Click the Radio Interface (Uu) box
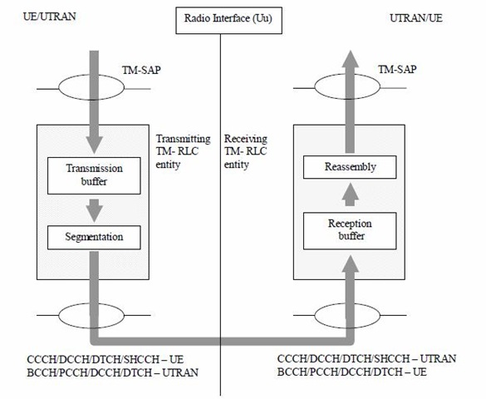pyautogui.click(x=228, y=21)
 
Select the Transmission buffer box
pyautogui.click(x=94, y=175)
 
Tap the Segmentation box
pyautogui.click(x=94, y=238)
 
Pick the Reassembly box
pyautogui.click(x=350, y=167)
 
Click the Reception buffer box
pyautogui.click(x=350, y=230)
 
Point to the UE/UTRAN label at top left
pyautogui.click(x=50, y=17)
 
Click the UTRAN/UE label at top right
pyautogui.click(x=416, y=18)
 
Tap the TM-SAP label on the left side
pyautogui.click(x=141, y=71)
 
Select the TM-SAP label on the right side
pyautogui.click(x=397, y=70)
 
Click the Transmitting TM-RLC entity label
pyautogui.click(x=183, y=151)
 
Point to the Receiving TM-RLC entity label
pyautogui.click(x=245, y=151)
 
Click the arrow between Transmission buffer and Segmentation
pyautogui.click(x=94, y=210)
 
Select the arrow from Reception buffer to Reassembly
pyautogui.click(x=351, y=195)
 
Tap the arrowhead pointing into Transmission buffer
pyautogui.click(x=94, y=145)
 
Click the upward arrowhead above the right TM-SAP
pyautogui.click(x=351, y=59)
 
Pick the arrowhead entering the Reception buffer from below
pyautogui.click(x=351, y=264)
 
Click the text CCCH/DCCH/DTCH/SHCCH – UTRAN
pyautogui.click(x=366, y=359)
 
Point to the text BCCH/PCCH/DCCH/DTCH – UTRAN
pyautogui.click(x=113, y=372)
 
